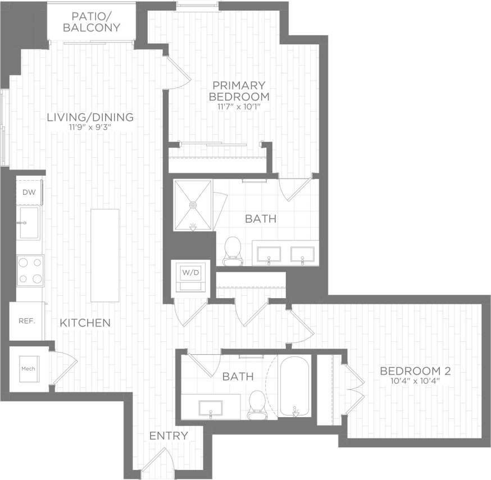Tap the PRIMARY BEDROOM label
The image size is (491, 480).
[239, 90]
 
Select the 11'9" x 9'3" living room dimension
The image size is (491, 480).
[90, 127]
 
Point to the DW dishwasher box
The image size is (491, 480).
[29, 192]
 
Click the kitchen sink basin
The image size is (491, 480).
[28, 223]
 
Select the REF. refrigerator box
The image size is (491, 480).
[26, 321]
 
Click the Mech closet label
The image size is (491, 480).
[28, 368]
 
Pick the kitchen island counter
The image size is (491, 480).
[105, 255]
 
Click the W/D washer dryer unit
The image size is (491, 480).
[189, 276]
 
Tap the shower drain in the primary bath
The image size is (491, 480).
[193, 205]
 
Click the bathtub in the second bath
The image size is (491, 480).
[294, 386]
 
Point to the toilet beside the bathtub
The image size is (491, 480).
[257, 404]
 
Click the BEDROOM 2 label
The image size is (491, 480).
[415, 371]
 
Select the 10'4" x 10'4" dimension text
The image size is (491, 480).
[415, 381]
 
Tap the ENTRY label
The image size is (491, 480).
[168, 436]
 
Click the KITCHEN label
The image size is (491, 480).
[85, 323]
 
